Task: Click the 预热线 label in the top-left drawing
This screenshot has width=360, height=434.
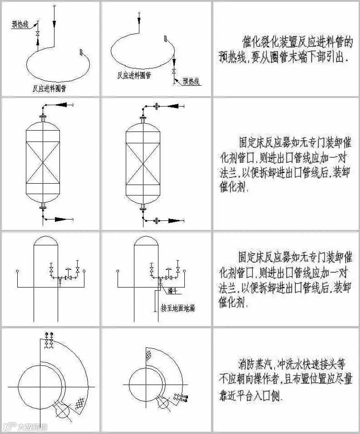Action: (20, 25)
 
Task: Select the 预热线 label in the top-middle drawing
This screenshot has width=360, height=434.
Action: (191, 81)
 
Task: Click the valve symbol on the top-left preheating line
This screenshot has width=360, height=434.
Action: (38, 34)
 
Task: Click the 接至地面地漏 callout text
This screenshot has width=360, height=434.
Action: (178, 308)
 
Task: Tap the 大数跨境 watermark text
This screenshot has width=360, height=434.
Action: (32, 426)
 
